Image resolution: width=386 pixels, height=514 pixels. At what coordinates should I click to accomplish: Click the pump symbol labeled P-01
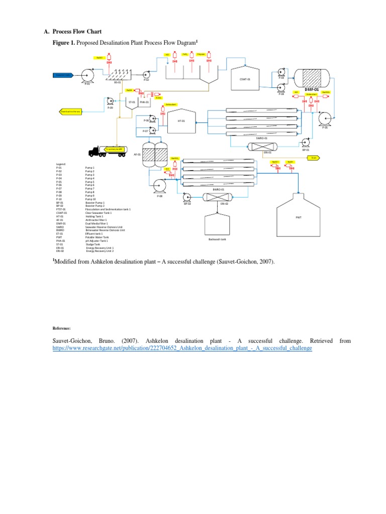click(x=89, y=76)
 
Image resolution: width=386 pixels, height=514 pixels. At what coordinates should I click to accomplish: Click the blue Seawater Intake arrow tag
click(x=63, y=75)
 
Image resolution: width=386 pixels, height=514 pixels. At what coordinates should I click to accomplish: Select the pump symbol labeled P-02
click(x=146, y=74)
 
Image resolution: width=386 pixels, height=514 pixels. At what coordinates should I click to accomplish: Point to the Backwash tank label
click(x=215, y=239)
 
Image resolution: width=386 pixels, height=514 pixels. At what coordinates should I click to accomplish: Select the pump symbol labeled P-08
click(x=160, y=186)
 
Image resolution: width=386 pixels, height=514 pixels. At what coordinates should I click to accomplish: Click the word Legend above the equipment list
click(x=60, y=164)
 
